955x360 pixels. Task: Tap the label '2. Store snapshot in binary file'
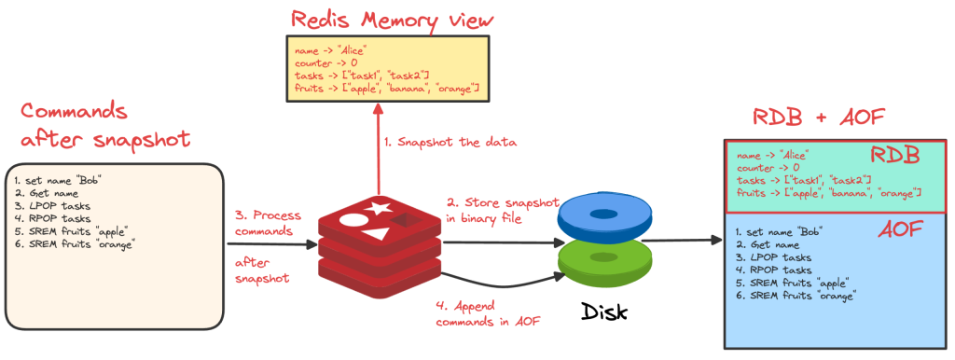[x=504, y=211]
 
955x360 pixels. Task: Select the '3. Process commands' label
[x=265, y=221]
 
